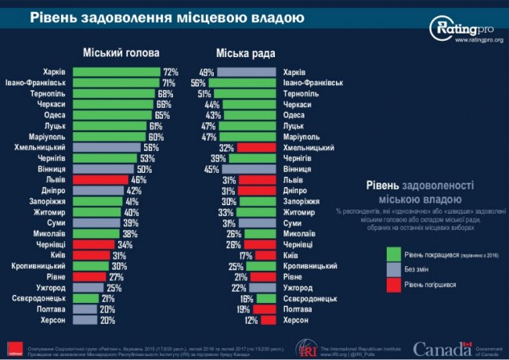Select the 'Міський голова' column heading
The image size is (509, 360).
click(x=121, y=53)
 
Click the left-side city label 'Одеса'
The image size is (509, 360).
click(x=53, y=114)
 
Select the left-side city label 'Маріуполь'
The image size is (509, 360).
click(x=48, y=136)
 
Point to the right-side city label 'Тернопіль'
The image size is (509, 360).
click(x=303, y=93)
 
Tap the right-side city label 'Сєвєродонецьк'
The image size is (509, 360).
click(x=311, y=299)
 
